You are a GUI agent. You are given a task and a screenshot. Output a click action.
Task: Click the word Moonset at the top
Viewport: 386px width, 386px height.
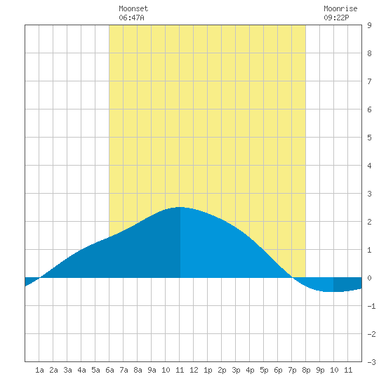pos(133,8)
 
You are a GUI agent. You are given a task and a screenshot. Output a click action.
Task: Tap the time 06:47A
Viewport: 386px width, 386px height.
pos(131,18)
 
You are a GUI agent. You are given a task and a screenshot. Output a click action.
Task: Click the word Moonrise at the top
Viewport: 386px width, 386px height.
pos(340,8)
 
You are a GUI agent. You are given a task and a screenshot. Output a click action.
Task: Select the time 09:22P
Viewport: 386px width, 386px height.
pos(336,18)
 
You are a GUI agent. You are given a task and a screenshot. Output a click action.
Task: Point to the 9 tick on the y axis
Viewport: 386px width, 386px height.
pos(369,25)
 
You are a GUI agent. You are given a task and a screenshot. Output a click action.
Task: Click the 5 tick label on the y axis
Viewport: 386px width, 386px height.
pos(369,138)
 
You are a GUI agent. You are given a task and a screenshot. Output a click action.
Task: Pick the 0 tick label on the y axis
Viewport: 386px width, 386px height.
pos(369,278)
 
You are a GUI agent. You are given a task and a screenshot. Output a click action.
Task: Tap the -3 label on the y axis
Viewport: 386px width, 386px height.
pos(371,362)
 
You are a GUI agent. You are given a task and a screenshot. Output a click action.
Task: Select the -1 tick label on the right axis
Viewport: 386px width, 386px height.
pos(371,306)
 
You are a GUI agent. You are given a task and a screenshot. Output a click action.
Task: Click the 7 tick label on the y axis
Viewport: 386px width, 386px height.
pos(369,81)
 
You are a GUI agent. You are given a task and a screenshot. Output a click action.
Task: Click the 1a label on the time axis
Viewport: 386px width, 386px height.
pos(39,370)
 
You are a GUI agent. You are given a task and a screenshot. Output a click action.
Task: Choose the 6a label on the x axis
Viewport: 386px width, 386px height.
pos(109,370)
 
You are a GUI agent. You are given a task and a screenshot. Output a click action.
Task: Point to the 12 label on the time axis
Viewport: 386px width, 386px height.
pos(194,370)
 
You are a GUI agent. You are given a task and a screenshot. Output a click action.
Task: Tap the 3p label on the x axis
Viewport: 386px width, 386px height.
pos(236,370)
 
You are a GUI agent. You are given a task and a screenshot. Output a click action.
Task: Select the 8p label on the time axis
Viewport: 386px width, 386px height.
pos(306,370)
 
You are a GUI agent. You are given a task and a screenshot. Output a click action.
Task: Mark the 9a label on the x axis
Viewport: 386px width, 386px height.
pos(152,370)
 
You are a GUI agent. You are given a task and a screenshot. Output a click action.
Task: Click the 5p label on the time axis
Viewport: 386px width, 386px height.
pos(264,370)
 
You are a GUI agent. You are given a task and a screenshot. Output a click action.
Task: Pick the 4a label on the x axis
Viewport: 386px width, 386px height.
pos(81,370)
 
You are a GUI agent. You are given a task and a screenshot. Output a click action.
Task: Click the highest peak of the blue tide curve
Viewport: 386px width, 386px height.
pos(180,207)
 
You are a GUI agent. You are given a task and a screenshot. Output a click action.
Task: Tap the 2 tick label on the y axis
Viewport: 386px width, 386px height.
pos(369,222)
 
